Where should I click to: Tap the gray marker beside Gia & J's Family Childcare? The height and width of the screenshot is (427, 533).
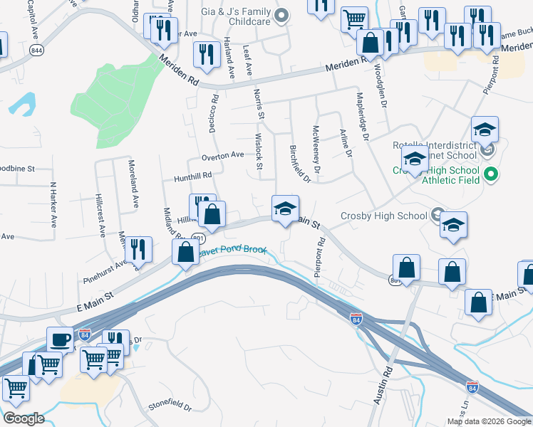(x=281, y=14)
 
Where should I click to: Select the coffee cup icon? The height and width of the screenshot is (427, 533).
(x=59, y=339)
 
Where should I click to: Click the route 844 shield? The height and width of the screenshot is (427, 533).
(x=36, y=49)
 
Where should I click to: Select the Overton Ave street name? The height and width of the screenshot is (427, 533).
(x=222, y=155)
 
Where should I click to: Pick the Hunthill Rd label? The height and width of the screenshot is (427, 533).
(x=188, y=175)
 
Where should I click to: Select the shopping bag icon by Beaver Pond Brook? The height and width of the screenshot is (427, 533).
(x=186, y=252)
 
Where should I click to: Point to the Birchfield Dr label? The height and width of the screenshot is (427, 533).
(x=301, y=163)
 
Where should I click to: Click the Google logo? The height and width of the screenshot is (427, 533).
(x=24, y=418)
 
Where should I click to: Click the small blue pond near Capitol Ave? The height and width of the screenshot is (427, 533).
(x=23, y=103)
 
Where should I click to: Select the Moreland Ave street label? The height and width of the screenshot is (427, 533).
(x=133, y=184)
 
